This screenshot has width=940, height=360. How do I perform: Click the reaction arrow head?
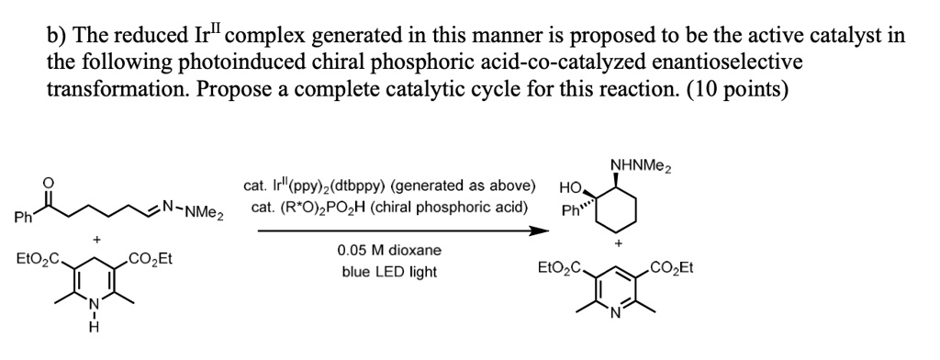coord(542,231)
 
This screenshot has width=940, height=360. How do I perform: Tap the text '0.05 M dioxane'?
coord(389,250)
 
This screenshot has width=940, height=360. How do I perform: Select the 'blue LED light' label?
coord(389,272)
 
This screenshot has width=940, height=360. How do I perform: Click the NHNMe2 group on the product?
coord(641,165)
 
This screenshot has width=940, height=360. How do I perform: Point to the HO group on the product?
coord(570,189)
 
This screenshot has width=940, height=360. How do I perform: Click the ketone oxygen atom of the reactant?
coord(50,183)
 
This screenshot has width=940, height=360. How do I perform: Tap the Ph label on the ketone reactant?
coord(25,218)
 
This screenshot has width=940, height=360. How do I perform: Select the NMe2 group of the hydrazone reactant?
coord(204,212)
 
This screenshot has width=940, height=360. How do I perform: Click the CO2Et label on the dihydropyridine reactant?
coord(151,259)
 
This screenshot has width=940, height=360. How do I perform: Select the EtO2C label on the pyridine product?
coord(560,267)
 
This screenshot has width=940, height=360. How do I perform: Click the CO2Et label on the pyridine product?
coord(671,267)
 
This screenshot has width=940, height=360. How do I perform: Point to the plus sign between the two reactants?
coord(95,240)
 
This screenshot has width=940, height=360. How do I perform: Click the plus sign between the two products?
coord(618,244)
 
